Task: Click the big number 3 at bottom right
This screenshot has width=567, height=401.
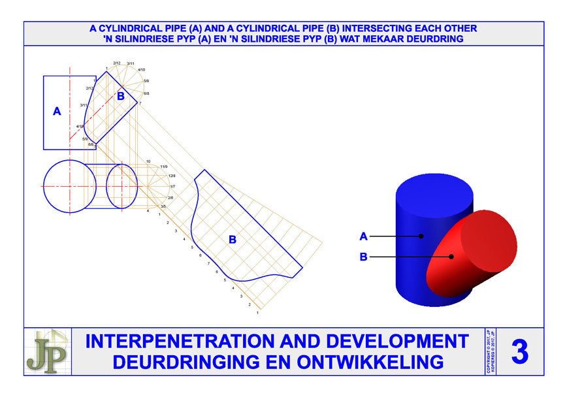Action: point(519,353)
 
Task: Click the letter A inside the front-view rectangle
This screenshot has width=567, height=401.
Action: point(57,112)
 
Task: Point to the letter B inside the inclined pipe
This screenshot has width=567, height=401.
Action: point(120,96)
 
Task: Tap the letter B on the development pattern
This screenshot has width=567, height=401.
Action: point(232,240)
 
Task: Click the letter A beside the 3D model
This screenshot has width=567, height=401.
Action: point(363,236)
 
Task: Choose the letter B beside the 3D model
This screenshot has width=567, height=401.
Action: point(363,257)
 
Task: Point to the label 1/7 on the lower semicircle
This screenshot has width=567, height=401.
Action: point(172,187)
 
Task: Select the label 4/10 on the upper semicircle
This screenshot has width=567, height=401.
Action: point(142,69)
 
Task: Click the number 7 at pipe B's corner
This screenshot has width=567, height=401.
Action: point(140,103)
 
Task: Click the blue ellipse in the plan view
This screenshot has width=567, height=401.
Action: point(121,186)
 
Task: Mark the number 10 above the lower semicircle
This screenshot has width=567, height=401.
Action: point(148,161)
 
